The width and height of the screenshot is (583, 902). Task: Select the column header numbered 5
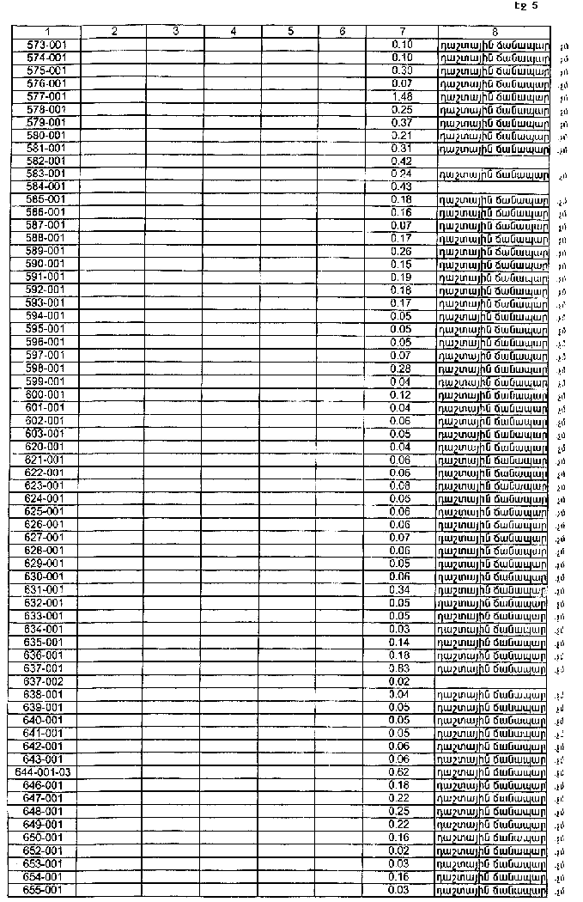290,32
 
